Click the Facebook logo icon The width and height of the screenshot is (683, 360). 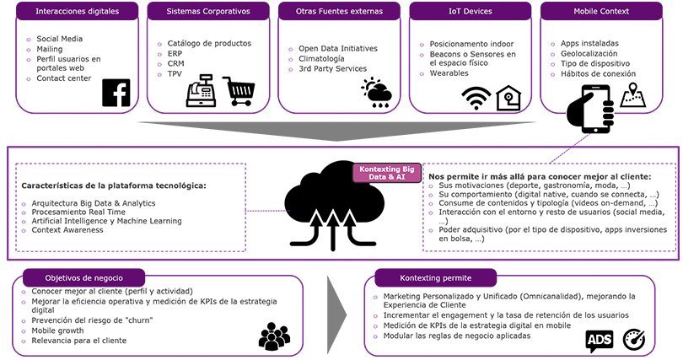116,93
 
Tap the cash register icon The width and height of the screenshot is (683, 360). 201,90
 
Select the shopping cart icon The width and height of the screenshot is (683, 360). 239,91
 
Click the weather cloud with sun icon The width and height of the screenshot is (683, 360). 376,92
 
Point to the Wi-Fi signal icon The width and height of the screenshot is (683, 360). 476,98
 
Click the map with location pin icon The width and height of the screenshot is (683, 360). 633,95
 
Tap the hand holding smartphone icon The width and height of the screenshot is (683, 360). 591,109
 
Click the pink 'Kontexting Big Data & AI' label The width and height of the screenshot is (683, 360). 386,173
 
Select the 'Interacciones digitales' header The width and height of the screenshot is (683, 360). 77,11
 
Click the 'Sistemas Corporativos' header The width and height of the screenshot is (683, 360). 208,11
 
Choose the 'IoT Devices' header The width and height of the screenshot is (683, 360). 471,11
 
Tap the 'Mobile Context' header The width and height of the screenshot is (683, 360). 601,11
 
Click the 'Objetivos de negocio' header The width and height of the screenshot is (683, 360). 83,277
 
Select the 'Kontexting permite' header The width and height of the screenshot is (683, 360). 436,277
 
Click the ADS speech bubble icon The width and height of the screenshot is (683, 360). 600,341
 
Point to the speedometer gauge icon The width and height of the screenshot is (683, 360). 634,340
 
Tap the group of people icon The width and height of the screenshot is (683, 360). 274,336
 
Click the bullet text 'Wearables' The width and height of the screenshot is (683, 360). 449,73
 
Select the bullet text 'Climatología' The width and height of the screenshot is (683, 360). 321,59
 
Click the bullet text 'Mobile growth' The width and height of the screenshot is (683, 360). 57,330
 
